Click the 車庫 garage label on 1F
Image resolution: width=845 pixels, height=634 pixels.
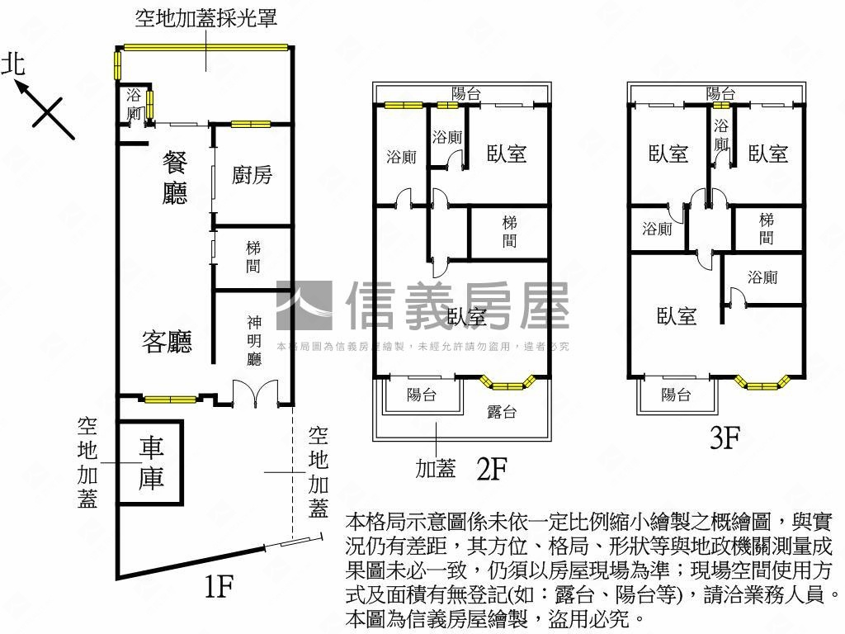[x=151, y=463]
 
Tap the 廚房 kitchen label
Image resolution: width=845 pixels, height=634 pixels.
[x=252, y=175]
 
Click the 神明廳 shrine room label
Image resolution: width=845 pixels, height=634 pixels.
[x=254, y=340]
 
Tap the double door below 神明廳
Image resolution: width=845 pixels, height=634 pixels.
[x=255, y=394]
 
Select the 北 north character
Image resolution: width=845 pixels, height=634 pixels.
[x=13, y=64]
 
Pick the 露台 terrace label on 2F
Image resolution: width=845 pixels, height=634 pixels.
[x=502, y=410]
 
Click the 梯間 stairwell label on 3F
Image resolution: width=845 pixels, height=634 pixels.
[x=767, y=229]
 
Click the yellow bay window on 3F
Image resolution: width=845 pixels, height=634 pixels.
[x=763, y=382]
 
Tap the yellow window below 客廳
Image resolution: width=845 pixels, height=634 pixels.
[x=170, y=400]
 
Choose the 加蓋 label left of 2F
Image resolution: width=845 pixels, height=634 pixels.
[x=435, y=469]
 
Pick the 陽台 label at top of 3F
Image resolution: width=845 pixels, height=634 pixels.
[x=720, y=93]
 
